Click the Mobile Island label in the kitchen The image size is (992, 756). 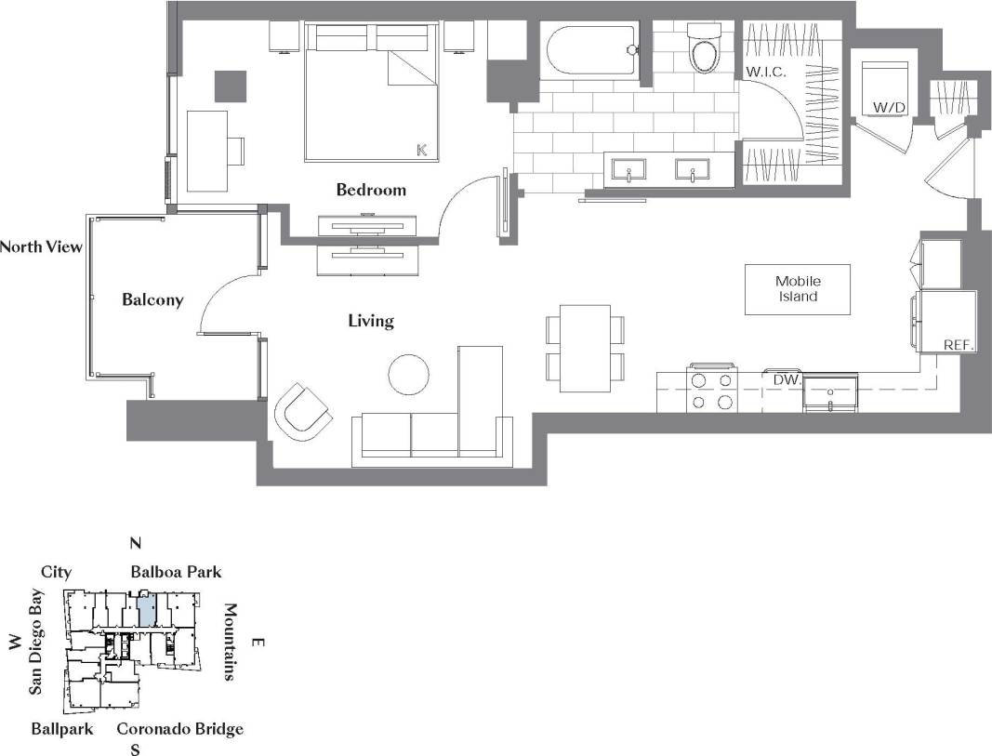[x=798, y=288]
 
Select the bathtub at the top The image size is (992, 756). [x=592, y=50]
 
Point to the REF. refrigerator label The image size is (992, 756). [x=958, y=344]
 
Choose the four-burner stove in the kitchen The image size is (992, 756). [x=711, y=390]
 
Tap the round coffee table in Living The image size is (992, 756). [x=408, y=374]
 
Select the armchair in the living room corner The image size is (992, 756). [x=304, y=411]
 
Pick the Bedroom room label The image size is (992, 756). [x=371, y=190]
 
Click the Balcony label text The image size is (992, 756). [x=152, y=300]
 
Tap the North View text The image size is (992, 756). [x=41, y=246]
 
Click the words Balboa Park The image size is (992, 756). [x=176, y=571]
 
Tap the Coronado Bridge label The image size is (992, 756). [x=179, y=728]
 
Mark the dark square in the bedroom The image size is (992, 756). [x=231, y=86]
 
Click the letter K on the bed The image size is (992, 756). [x=421, y=149]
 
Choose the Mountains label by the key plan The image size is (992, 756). [x=230, y=642]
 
